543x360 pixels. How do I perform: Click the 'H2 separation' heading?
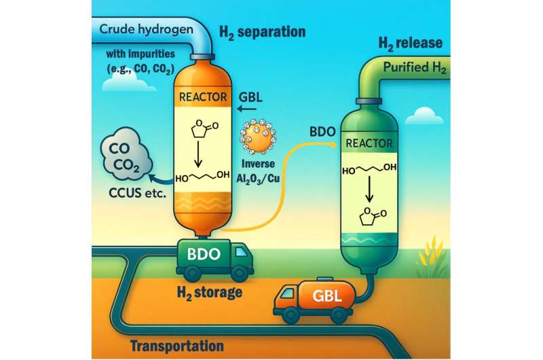(x=263, y=32)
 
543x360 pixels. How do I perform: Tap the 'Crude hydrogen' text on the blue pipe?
(x=146, y=29)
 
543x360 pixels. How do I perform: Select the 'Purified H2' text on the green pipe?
(x=414, y=67)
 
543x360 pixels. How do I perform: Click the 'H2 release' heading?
(x=411, y=43)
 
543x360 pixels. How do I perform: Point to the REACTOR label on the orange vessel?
(x=203, y=96)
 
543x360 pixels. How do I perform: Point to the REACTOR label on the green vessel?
(x=369, y=143)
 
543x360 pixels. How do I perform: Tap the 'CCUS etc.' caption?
(x=138, y=193)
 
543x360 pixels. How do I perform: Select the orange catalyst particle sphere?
(x=259, y=137)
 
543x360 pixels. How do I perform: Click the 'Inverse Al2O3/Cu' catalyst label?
(x=258, y=171)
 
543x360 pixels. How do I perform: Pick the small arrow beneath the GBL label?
(x=247, y=109)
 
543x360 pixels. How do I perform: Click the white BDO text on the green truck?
(x=204, y=254)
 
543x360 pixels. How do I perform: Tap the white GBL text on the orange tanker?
(x=327, y=296)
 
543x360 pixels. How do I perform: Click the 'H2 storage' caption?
(x=210, y=293)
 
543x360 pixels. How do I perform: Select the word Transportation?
(x=177, y=346)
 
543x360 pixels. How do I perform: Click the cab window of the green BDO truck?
(x=242, y=252)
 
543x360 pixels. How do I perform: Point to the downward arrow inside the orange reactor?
(x=198, y=153)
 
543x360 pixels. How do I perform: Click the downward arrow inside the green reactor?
(x=369, y=190)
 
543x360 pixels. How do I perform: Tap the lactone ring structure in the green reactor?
(x=372, y=216)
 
